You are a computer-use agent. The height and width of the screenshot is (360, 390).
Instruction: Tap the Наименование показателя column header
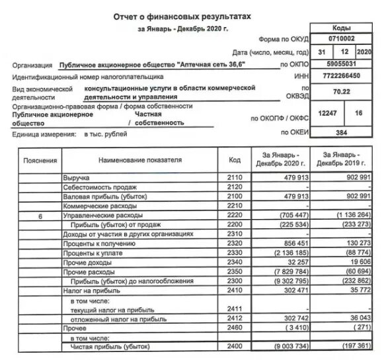(140, 160)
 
